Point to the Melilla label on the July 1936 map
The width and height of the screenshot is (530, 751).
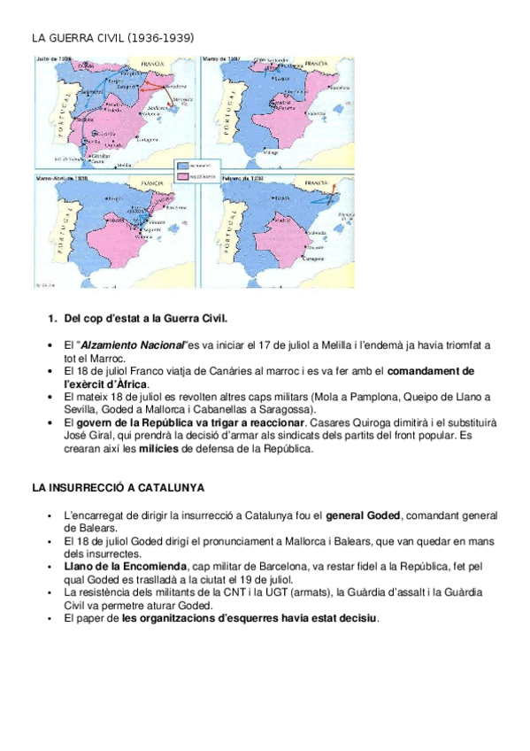click(127, 165)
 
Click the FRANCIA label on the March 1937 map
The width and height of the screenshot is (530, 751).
click(316, 64)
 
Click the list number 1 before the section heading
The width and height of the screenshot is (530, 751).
click(52, 317)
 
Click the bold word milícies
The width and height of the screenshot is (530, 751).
click(152, 449)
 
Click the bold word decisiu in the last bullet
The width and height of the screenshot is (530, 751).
click(356, 618)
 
